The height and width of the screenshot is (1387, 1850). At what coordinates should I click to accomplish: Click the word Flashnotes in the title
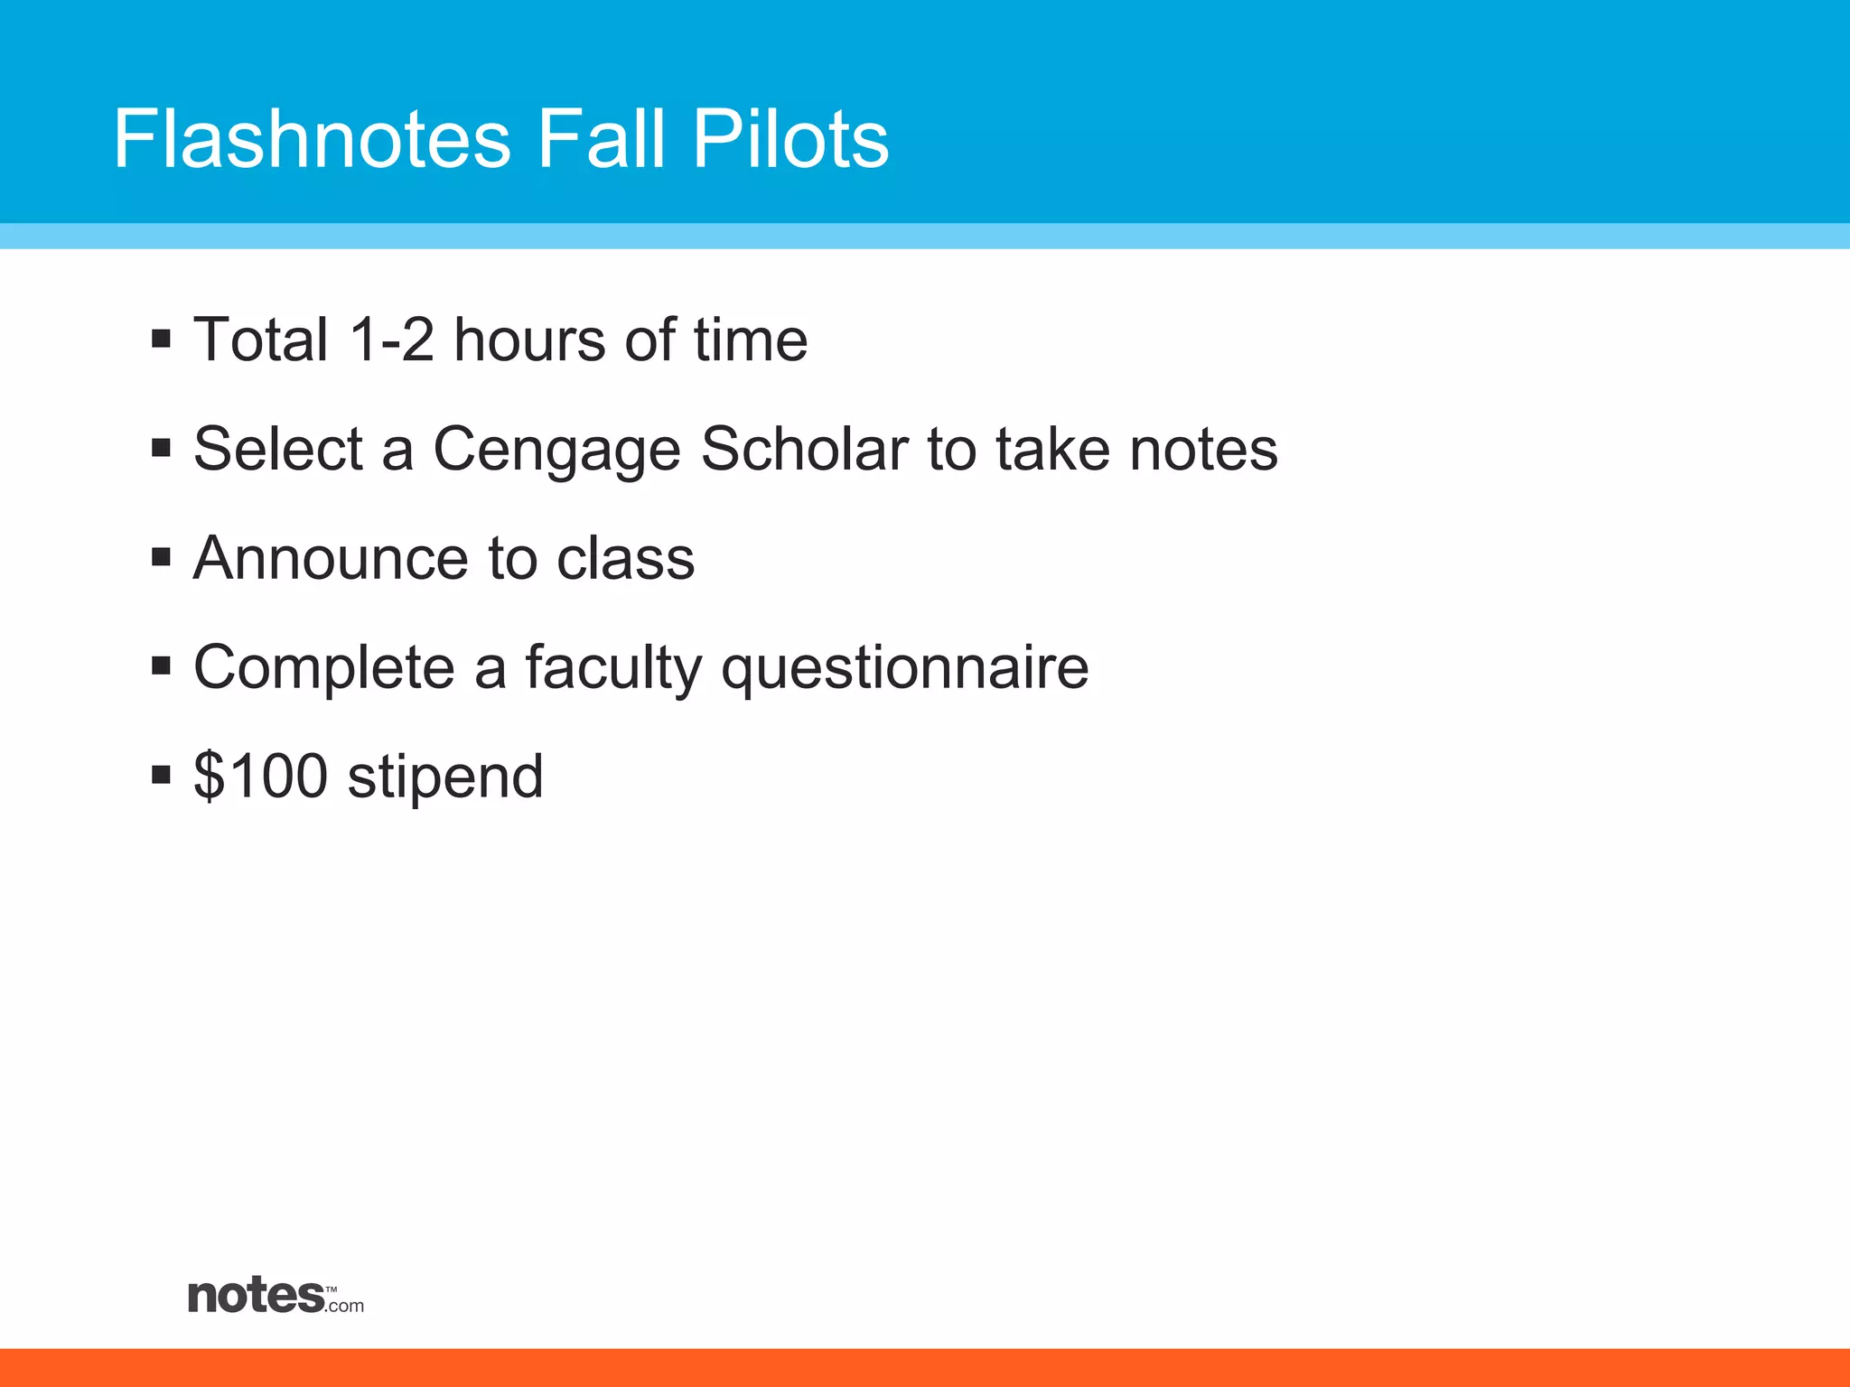(x=312, y=139)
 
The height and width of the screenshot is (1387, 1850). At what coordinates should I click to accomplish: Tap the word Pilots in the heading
(x=790, y=139)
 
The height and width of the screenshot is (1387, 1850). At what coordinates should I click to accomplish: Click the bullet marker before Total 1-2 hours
(x=162, y=340)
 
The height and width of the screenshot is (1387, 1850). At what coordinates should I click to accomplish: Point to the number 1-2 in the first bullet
(x=391, y=340)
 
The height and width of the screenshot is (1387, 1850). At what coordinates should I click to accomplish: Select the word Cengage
(x=556, y=450)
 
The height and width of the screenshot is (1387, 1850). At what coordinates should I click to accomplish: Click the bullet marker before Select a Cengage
(x=162, y=448)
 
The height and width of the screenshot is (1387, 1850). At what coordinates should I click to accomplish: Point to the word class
(x=625, y=558)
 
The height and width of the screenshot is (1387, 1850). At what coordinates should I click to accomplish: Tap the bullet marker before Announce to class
(x=162, y=557)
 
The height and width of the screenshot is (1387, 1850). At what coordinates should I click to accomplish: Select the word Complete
(x=323, y=667)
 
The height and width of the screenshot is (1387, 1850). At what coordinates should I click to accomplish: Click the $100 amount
(x=260, y=776)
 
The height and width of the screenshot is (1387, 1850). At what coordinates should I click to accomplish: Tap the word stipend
(x=445, y=777)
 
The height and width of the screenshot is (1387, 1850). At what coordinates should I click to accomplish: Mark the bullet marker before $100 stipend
(x=162, y=775)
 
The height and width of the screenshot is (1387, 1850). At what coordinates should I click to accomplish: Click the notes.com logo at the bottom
(x=276, y=1297)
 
